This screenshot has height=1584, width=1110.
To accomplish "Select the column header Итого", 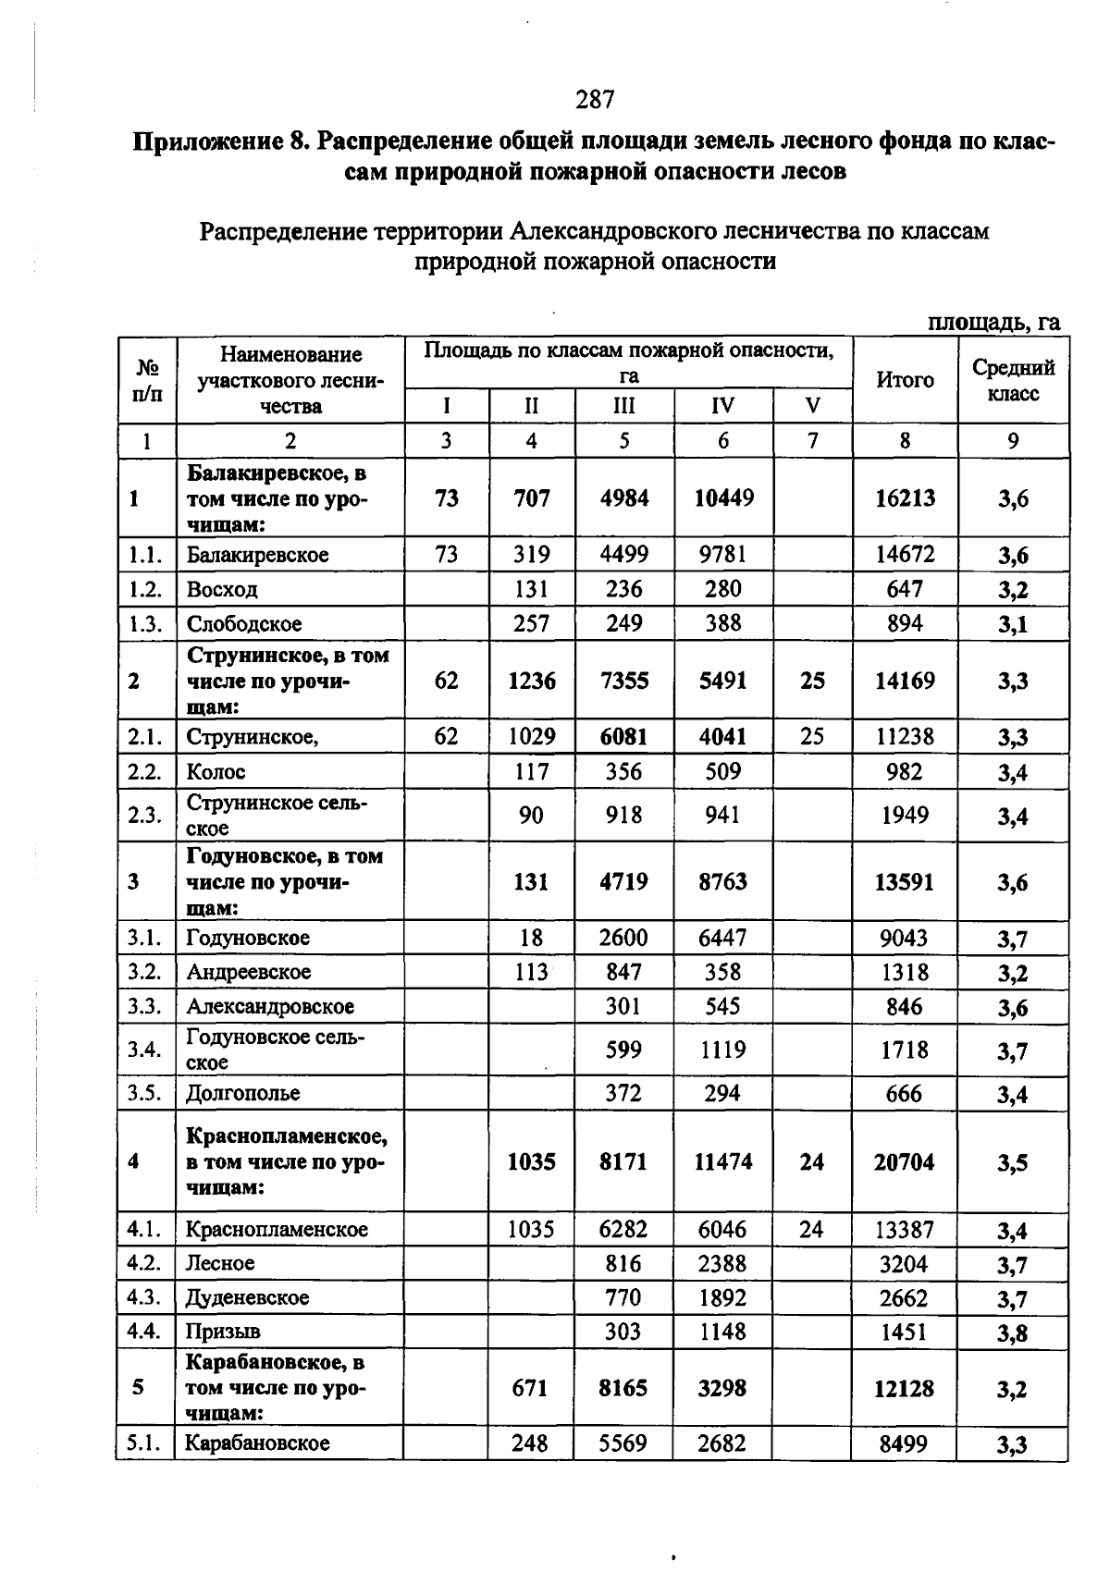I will tap(905, 380).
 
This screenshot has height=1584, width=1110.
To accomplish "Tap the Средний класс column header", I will tap(1013, 380).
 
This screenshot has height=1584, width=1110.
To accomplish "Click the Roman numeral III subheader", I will tap(624, 407).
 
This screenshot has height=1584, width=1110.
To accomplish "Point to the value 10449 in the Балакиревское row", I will tap(723, 498).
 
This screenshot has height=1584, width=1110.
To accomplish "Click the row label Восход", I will tap(222, 590).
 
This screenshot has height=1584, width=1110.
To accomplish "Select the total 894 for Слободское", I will tap(904, 624).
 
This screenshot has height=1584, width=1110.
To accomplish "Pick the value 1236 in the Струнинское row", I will tap(532, 681).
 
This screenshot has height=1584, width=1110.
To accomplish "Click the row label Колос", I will tap(216, 772).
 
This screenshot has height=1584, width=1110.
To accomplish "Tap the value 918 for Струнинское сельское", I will tap(623, 816).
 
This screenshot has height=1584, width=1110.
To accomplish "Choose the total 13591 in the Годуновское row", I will tap(904, 882).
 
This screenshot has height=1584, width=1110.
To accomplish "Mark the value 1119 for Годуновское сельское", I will tap(722, 1050).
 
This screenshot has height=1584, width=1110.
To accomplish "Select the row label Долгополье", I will tap(242, 1094).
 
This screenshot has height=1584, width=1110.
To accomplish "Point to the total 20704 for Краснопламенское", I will tap(904, 1162).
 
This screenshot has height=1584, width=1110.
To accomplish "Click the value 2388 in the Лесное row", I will tap(722, 1264).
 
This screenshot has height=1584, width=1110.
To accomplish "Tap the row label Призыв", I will tap(223, 1332).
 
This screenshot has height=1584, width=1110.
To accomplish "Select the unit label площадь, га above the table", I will tap(993, 323).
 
